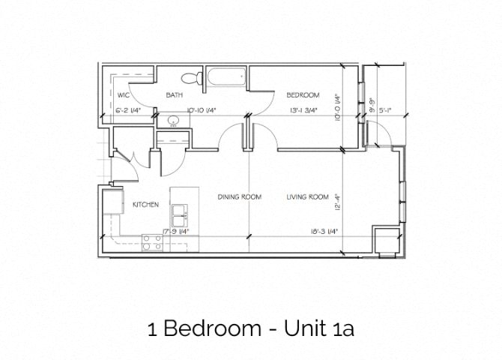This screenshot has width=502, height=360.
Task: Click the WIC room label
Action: click(124, 95)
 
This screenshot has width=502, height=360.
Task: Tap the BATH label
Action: click(175, 95)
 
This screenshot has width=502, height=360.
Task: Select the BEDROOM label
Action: click(303, 95)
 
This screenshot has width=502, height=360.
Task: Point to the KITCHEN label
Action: click(145, 204)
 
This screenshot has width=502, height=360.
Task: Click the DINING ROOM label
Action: click(239, 197)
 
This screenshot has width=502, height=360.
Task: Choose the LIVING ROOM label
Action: click(307, 197)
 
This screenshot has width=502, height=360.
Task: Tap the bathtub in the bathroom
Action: click(226, 76)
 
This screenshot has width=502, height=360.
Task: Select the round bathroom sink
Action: click(174, 120)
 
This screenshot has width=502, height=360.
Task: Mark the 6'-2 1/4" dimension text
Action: click(130, 111)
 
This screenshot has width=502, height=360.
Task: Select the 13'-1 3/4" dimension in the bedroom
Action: click(303, 111)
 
